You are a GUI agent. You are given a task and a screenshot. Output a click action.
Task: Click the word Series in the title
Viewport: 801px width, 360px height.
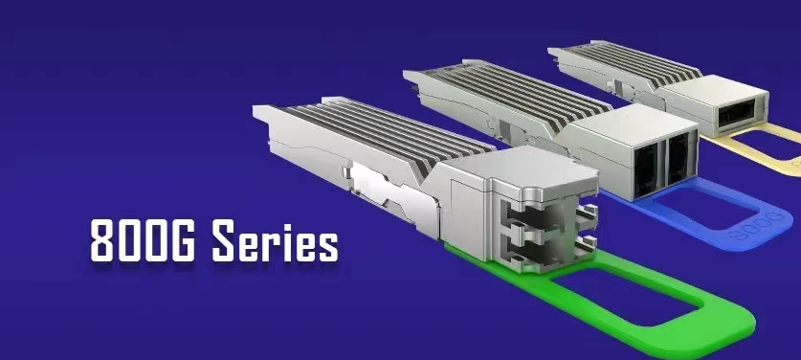click(275, 241)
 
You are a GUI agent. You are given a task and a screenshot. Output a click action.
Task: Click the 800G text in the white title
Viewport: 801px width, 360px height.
click(143, 241)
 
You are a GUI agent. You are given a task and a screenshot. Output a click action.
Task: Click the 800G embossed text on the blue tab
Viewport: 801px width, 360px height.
click(757, 226)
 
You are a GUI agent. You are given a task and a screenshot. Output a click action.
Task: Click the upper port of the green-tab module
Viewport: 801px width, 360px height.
click(531, 218)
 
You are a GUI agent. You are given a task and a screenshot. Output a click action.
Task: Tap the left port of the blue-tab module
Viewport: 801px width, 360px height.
click(645, 168)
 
